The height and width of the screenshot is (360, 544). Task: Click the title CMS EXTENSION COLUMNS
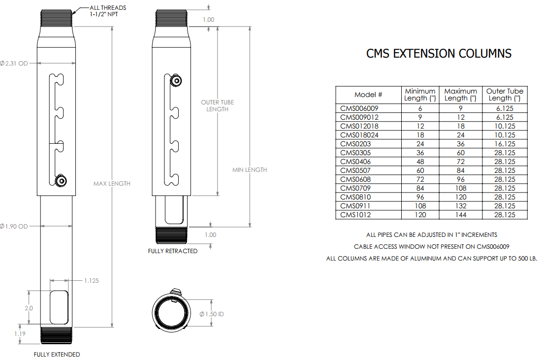click(438, 54)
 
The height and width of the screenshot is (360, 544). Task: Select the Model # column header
click(368, 95)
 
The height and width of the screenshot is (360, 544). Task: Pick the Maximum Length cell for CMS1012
click(460, 215)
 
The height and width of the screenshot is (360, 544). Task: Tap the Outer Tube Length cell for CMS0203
click(505, 144)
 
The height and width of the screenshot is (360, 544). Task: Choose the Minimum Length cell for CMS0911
click(419, 206)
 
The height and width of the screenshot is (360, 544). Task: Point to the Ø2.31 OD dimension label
click(15, 63)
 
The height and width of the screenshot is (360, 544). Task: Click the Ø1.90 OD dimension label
click(15, 226)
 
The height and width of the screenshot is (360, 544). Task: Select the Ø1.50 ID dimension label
click(212, 314)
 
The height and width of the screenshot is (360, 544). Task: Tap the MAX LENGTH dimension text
click(112, 184)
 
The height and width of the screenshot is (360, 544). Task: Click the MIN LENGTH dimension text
click(250, 170)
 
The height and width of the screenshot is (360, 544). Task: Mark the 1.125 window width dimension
click(92, 281)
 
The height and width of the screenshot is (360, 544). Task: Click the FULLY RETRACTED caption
click(173, 251)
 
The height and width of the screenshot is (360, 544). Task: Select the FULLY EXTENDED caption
click(57, 355)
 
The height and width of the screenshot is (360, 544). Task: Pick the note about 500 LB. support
click(431, 259)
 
